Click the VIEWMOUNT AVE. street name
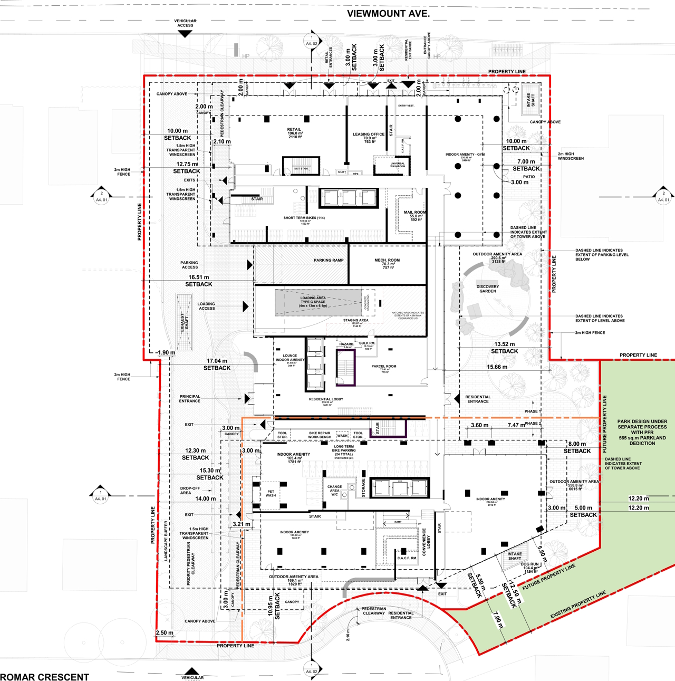pyautogui.click(x=388, y=14)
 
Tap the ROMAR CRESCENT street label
pyautogui.click(x=45, y=677)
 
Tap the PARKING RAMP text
pyautogui.click(x=329, y=260)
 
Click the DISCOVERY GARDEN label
pyautogui.click(x=487, y=289)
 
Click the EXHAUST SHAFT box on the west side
pyautogui.click(x=184, y=322)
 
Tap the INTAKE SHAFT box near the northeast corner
pyautogui.click(x=531, y=100)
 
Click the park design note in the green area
pyautogui.click(x=642, y=432)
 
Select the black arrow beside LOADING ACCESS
pyautogui.click(x=245, y=306)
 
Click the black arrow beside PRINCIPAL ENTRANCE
pyautogui.click(x=247, y=399)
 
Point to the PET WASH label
pyautogui.click(x=271, y=494)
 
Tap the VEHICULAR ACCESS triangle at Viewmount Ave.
pyautogui.click(x=185, y=34)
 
